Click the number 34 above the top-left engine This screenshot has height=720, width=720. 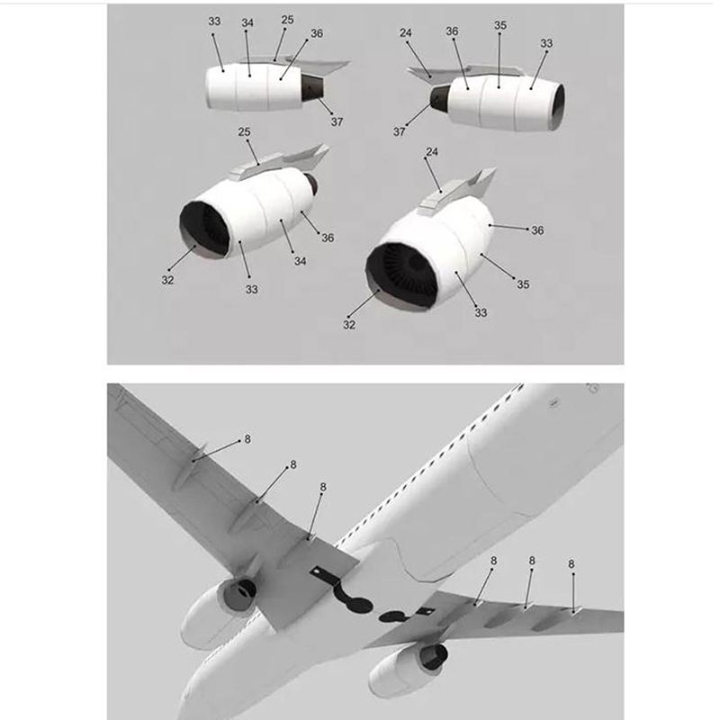247,23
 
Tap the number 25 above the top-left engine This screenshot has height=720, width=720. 287,20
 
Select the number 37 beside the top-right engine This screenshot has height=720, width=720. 399,131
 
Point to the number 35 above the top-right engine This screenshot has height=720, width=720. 500,25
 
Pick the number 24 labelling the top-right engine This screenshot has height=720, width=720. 406,33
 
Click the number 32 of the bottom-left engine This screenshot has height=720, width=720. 167,280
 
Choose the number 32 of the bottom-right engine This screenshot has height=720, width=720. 349,325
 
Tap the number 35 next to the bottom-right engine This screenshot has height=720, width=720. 523,284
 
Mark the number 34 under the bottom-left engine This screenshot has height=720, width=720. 301,261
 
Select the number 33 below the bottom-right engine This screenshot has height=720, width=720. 481,312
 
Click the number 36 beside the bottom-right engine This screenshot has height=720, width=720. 537,230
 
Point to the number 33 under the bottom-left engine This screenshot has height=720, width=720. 252,290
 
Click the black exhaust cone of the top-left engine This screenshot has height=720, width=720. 312,87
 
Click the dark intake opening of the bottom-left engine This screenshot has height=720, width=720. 204,229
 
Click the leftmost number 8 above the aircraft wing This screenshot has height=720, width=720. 247,439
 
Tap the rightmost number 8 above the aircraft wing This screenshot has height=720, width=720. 571,564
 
